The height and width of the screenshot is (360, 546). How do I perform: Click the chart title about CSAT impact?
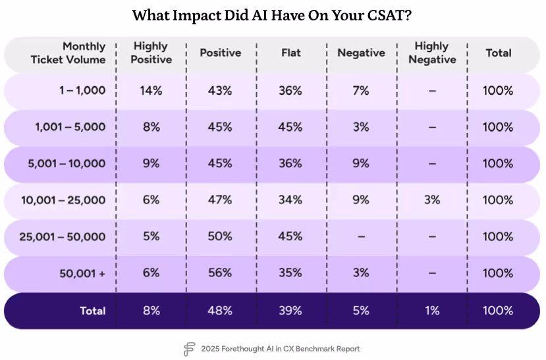click(272, 15)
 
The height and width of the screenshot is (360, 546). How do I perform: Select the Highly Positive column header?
click(151, 53)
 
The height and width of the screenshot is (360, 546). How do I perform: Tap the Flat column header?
click(290, 53)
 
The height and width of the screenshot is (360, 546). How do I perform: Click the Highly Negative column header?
click(431, 53)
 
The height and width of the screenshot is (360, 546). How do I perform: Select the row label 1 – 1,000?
click(80, 91)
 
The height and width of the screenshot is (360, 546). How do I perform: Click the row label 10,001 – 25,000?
click(63, 199)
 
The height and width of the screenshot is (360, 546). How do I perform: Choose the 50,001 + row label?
click(82, 272)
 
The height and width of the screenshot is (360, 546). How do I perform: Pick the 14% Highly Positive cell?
click(151, 91)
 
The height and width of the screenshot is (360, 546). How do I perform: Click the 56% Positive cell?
click(221, 272)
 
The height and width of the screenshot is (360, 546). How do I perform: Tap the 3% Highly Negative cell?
click(431, 199)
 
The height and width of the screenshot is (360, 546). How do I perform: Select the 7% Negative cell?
click(361, 91)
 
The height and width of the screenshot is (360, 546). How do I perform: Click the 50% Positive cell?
click(221, 236)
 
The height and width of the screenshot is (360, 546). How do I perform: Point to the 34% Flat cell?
click(290, 199)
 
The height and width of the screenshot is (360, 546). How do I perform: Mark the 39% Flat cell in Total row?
click(290, 310)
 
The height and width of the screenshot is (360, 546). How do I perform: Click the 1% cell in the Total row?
click(431, 310)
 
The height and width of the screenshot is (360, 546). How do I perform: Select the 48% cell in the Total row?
click(221, 310)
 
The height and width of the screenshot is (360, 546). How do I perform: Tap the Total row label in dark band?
click(92, 310)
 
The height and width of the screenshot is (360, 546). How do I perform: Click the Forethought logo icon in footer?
click(190, 349)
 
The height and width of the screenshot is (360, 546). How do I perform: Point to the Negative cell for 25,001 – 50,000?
click(361, 236)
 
